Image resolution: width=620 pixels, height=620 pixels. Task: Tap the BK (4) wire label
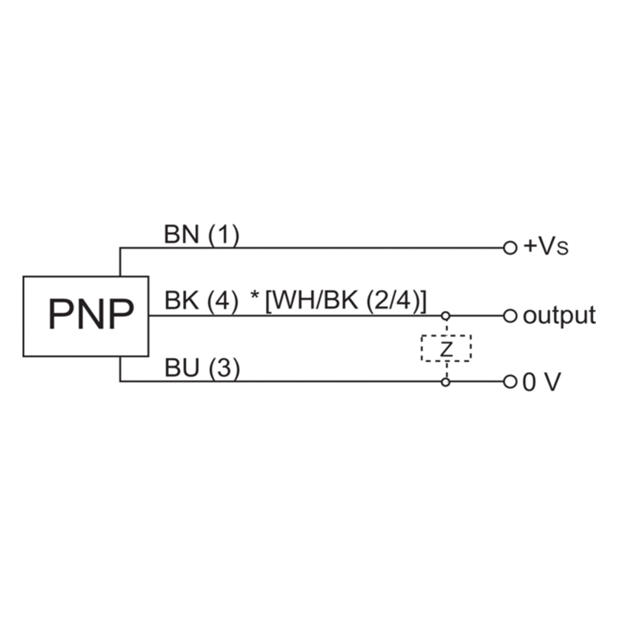click(201, 301)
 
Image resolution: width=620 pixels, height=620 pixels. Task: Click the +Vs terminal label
click(547, 247)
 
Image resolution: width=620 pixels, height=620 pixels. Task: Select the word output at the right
click(559, 315)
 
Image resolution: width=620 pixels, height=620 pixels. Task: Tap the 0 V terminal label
click(540, 382)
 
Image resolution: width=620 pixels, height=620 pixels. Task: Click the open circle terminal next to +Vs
click(509, 248)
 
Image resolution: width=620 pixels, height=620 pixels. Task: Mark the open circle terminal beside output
click(509, 315)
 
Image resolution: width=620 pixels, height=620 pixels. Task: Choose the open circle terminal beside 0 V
click(509, 382)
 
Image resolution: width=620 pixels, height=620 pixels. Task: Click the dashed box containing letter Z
click(446, 349)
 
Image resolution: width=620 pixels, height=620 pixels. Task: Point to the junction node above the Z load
click(446, 315)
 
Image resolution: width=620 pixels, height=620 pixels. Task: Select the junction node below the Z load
click(446, 382)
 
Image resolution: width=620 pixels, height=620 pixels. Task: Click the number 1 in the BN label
click(224, 236)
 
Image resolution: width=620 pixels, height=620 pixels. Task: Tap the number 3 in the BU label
click(224, 369)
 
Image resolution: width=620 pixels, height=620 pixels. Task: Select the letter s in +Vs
click(563, 250)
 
